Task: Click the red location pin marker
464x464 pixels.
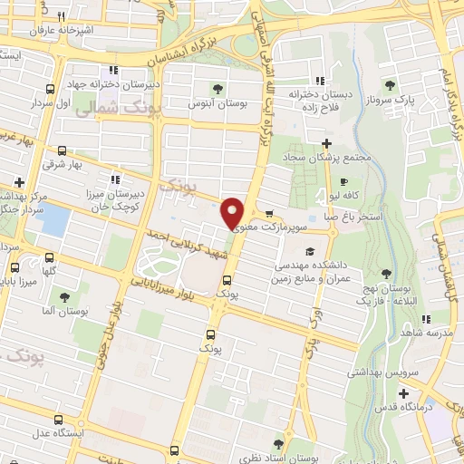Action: click(233, 212)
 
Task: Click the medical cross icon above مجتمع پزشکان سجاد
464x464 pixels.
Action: click(327, 142)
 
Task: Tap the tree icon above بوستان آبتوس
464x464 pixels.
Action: click(217, 89)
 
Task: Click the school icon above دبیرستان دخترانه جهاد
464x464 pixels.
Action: click(112, 69)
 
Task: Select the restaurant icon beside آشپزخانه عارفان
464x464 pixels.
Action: click(61, 16)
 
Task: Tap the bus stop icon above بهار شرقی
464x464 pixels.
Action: click(61, 150)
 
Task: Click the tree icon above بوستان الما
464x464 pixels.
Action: click(63, 296)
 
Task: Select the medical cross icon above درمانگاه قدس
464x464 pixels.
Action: click(404, 392)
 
